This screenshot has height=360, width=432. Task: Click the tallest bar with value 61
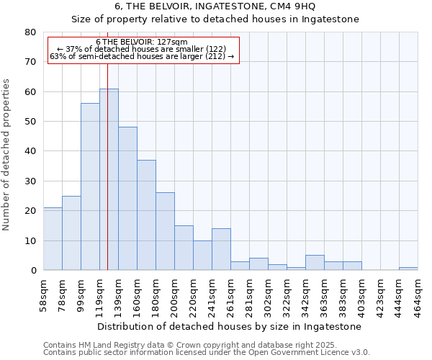coord(109,179)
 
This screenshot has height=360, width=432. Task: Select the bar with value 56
coord(90,186)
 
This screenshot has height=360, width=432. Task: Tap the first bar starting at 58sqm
coord(53,238)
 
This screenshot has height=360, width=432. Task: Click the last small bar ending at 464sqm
coord(408,269)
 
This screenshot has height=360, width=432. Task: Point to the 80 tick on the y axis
coord(30,32)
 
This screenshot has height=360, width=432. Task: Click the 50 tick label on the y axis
coord(30,122)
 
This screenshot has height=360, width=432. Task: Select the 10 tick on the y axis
coord(30,240)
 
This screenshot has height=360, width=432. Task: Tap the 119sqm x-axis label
coord(99,294)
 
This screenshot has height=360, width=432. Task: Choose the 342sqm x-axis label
coord(305,294)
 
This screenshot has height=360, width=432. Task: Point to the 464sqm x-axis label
coord(418,294)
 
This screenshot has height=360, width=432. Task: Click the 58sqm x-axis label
coord(43,294)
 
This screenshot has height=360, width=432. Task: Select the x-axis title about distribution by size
coord(230,326)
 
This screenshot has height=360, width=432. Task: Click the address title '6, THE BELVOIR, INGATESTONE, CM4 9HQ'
coord(215,6)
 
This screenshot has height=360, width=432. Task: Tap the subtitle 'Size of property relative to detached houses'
coord(215,19)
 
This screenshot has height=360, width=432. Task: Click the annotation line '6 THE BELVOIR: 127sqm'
coord(141,42)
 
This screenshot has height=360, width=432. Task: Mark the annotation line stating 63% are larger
coord(143,56)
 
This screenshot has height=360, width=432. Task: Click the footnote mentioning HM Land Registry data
coord(185,345)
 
